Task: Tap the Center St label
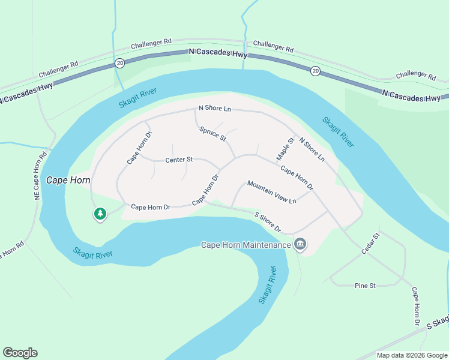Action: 179,160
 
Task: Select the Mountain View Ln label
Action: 272,192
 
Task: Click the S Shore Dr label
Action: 268,221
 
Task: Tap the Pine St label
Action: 365,286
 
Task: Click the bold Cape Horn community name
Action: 68,180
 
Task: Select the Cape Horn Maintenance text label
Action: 245,245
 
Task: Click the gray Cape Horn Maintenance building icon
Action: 301,244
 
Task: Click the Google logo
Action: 20,353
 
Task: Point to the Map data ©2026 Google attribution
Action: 411,355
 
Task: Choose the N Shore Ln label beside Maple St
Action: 312,150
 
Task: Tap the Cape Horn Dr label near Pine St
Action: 415,307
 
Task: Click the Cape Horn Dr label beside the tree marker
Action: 151,207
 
